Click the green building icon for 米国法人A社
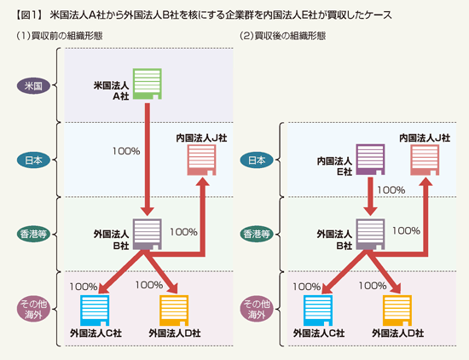(x=148, y=84)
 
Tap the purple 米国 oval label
(x=33, y=86)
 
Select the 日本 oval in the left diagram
(x=33, y=160)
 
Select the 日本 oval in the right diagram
(x=257, y=160)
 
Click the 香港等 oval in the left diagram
(x=33, y=234)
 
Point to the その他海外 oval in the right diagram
(x=257, y=309)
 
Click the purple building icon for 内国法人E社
(x=370, y=160)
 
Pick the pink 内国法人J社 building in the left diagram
(x=201, y=160)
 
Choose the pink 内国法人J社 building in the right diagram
(x=425, y=160)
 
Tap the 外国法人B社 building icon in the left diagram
(x=148, y=235)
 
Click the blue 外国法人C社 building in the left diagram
(x=95, y=311)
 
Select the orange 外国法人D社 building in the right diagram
(x=397, y=311)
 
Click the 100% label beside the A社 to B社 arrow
(x=126, y=151)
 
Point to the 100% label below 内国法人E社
(x=391, y=190)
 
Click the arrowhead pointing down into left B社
(x=148, y=211)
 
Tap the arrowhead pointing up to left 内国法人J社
(x=204, y=182)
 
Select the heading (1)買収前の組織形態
(x=59, y=36)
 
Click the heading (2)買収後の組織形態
(x=282, y=36)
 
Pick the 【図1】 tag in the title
(x=29, y=15)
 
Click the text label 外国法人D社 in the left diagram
(x=175, y=333)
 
